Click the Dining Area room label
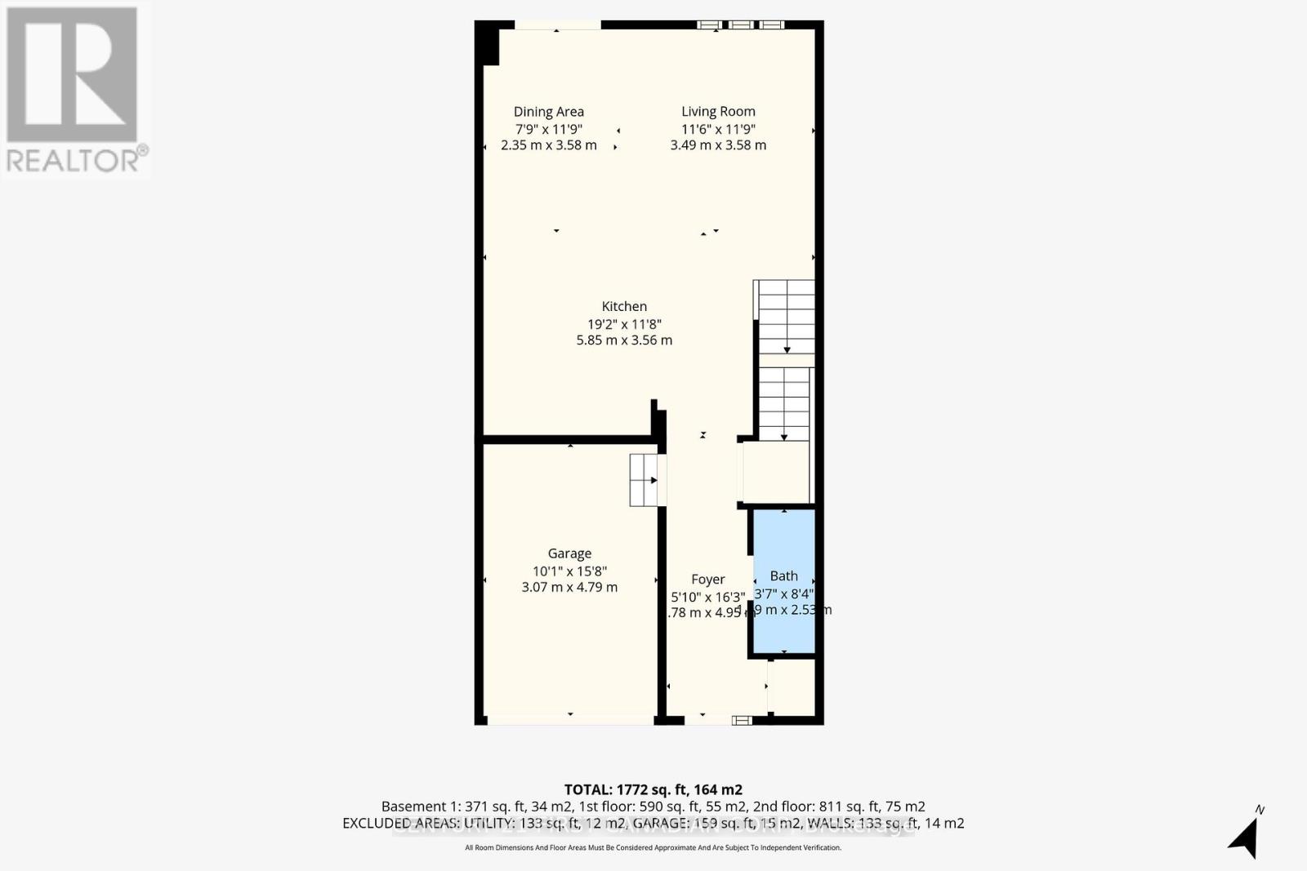[x=548, y=112]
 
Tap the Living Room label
[x=718, y=112]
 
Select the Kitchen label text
[x=624, y=306]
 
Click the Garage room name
[x=569, y=553]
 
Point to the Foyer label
[x=707, y=579]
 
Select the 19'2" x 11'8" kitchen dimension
[x=624, y=323]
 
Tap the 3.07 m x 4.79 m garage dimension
[x=569, y=587]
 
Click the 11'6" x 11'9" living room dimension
[x=718, y=129]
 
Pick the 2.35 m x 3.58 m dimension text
[x=548, y=145]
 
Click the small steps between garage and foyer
[x=644, y=480]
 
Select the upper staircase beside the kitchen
[x=785, y=317]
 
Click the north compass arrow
[x=1244, y=837]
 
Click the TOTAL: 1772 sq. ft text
[x=653, y=789]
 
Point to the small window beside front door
[x=742, y=720]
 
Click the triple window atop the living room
[x=740, y=25]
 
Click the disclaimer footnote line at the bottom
[x=653, y=848]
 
